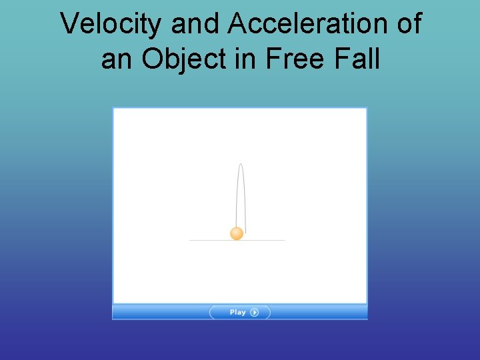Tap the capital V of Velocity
coord(69,25)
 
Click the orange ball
coord(237,233)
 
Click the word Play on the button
coord(237,312)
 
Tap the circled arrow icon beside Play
coord(255,312)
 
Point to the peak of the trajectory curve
coord(241,164)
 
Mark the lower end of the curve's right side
coord(245,232)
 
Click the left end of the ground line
coord(190,240)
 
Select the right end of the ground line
coord(284,240)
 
